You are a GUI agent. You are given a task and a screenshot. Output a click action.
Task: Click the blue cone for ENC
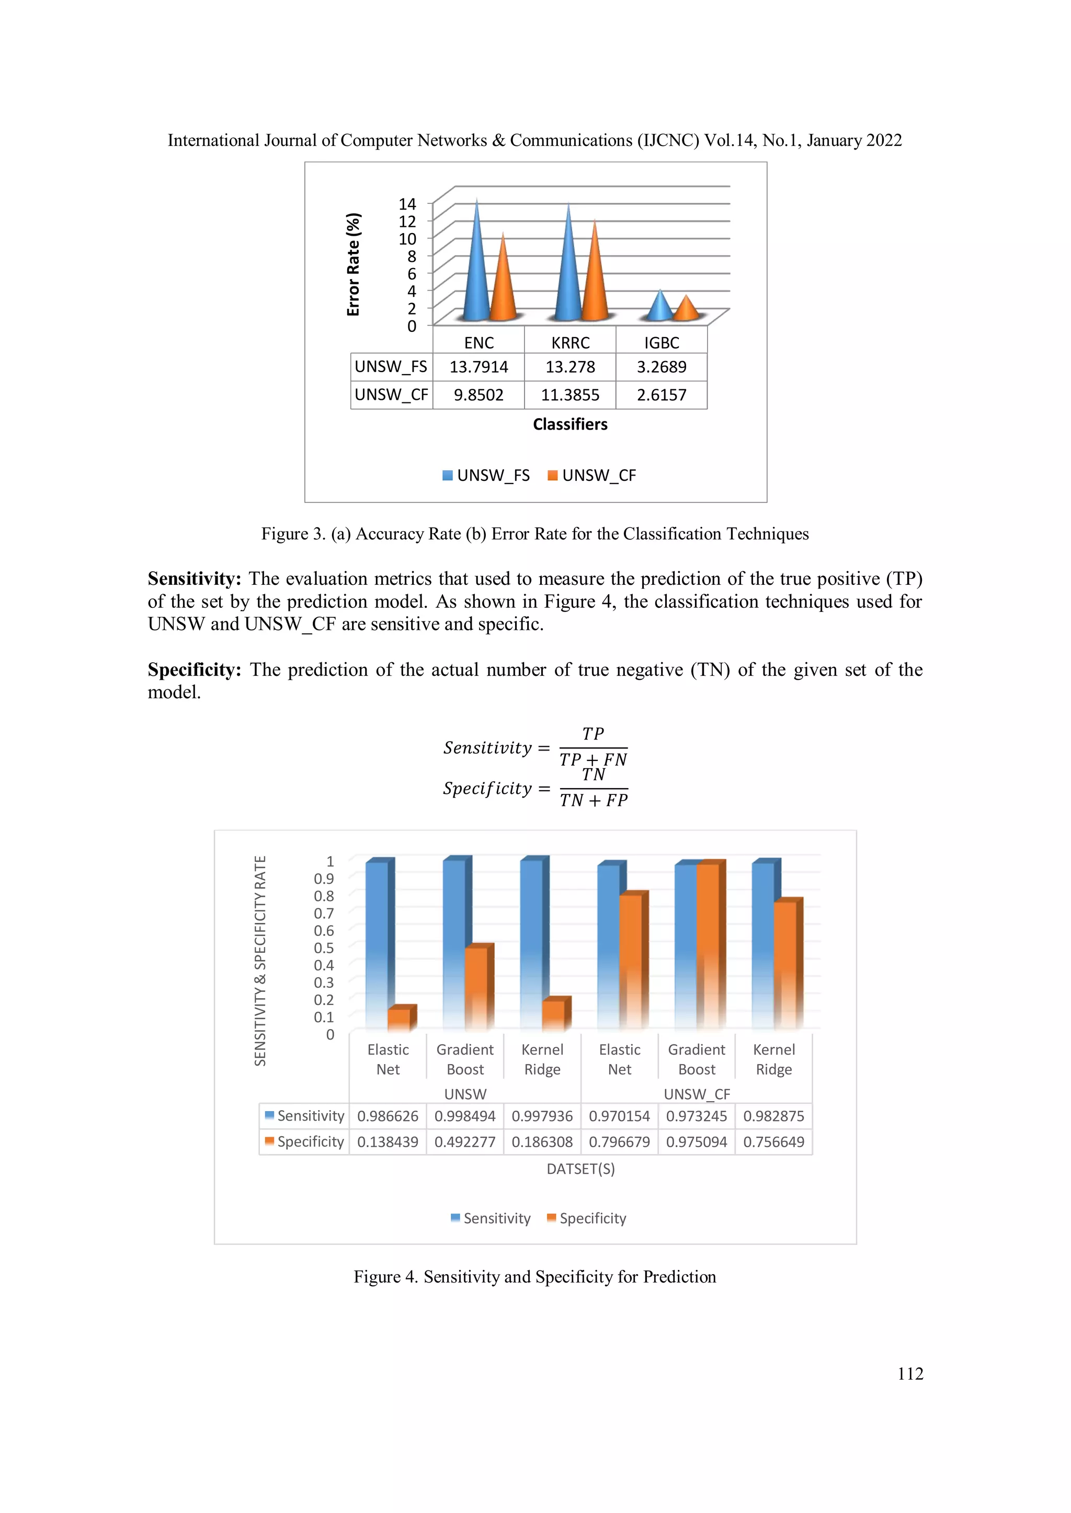click(x=476, y=277)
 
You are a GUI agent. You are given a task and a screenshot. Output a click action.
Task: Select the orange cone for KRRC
click(x=595, y=283)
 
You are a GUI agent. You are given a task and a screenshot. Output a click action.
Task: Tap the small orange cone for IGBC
click(x=687, y=310)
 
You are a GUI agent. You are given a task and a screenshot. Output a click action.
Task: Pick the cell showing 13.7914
click(x=479, y=367)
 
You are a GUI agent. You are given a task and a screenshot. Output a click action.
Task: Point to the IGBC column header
click(x=662, y=343)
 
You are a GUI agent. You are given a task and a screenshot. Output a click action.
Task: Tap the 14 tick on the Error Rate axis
click(x=407, y=204)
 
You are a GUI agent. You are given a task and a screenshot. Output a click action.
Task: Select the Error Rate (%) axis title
click(x=354, y=264)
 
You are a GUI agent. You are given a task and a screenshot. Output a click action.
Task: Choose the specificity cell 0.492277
click(x=465, y=1142)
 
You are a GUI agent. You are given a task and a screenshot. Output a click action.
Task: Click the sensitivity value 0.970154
click(x=619, y=1116)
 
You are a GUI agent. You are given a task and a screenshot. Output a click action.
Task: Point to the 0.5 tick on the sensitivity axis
click(x=324, y=948)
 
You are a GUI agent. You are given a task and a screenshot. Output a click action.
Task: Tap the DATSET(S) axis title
click(x=580, y=1169)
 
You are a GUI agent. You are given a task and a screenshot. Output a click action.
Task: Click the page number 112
click(x=910, y=1374)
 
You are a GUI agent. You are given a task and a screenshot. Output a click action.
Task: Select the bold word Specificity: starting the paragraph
click(x=195, y=669)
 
